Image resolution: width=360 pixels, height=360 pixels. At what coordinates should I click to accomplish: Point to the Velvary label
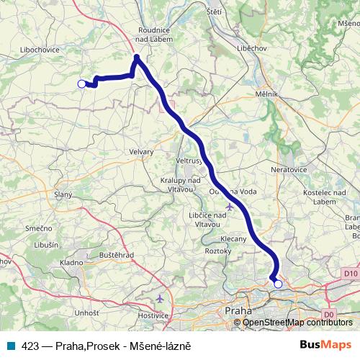(142, 151)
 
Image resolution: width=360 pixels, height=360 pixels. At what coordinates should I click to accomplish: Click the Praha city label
(238, 310)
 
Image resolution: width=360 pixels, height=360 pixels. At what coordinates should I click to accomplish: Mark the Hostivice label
(153, 315)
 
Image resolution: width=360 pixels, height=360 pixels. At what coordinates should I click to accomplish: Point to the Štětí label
(214, 12)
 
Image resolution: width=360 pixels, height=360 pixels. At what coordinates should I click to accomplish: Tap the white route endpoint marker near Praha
(278, 284)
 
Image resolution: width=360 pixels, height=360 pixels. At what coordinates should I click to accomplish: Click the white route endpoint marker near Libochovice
(81, 84)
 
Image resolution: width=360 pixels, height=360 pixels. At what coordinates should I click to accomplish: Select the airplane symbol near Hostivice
(160, 298)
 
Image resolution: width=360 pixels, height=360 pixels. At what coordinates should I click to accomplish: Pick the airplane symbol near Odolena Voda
(230, 207)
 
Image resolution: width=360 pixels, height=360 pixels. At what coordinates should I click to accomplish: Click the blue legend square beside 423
(11, 346)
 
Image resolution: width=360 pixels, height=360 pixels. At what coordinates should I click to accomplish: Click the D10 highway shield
(351, 274)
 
